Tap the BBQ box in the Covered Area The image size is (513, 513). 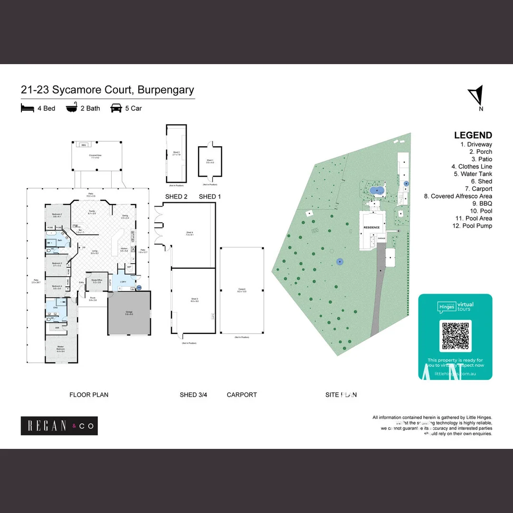point(84,145)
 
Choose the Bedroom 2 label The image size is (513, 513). point(57,215)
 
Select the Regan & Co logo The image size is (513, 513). point(59,426)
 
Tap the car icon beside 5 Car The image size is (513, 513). point(115,108)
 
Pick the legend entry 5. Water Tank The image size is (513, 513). point(473,174)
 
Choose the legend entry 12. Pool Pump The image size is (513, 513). point(472,226)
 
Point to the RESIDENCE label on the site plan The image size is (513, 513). point(371,228)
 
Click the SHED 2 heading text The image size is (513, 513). point(176,197)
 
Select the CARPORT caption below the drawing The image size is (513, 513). point(242,395)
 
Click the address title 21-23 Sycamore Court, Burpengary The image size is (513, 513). point(107,90)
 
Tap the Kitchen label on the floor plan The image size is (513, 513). point(123,248)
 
